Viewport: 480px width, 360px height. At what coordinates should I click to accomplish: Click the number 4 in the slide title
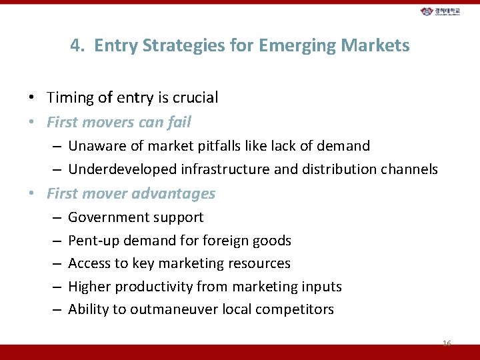(x=75, y=45)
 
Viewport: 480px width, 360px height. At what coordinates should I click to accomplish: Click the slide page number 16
(x=446, y=343)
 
